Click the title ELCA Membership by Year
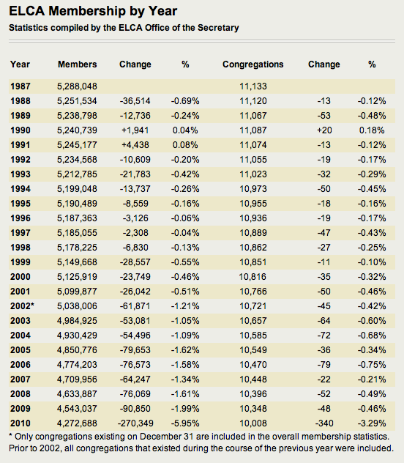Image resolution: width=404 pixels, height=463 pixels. pyautogui.click(x=93, y=12)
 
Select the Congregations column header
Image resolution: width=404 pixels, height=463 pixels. pyautogui.click(x=253, y=64)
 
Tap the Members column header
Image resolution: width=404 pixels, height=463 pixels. pyautogui.click(x=78, y=64)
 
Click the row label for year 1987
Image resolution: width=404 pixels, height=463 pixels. pyautogui.click(x=20, y=86)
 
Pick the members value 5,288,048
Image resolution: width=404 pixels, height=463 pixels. pyautogui.click(x=77, y=86)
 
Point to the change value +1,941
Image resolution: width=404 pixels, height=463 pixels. pyautogui.click(x=135, y=130)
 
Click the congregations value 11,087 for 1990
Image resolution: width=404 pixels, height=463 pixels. pyautogui.click(x=253, y=130)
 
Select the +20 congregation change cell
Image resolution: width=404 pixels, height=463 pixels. pyautogui.click(x=324, y=130)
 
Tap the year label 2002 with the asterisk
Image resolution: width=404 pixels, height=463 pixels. pyautogui.click(x=22, y=306)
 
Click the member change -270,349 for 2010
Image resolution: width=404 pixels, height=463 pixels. pyautogui.click(x=135, y=423)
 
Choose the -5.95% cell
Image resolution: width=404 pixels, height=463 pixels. pyautogui.click(x=185, y=423)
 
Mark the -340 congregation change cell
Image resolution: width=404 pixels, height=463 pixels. pyautogui.click(x=324, y=423)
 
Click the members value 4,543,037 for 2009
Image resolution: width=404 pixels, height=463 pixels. pyautogui.click(x=77, y=409)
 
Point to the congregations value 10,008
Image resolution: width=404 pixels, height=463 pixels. pyautogui.click(x=253, y=423)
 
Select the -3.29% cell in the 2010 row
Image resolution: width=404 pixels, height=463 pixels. pyautogui.click(x=372, y=423)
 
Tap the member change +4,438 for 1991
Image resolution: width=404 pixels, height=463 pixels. pyautogui.click(x=135, y=145)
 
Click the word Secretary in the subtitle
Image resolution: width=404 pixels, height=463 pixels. pyautogui.click(x=218, y=28)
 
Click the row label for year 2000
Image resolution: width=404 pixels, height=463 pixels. pyautogui.click(x=20, y=277)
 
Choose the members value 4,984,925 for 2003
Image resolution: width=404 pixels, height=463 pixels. pyautogui.click(x=77, y=321)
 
